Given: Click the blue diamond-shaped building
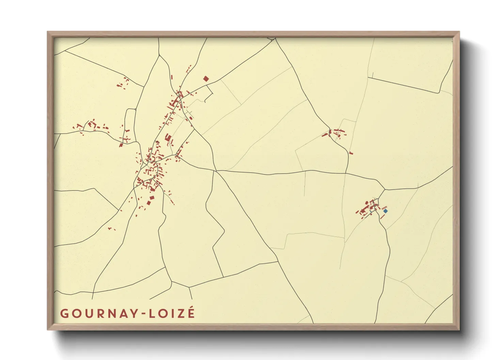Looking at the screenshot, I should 385,211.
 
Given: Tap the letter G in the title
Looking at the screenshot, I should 64,313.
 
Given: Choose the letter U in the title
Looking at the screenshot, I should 88,313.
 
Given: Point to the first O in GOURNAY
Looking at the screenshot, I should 76,313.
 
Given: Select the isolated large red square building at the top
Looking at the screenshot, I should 206,79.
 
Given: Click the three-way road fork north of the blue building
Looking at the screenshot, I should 384,190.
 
